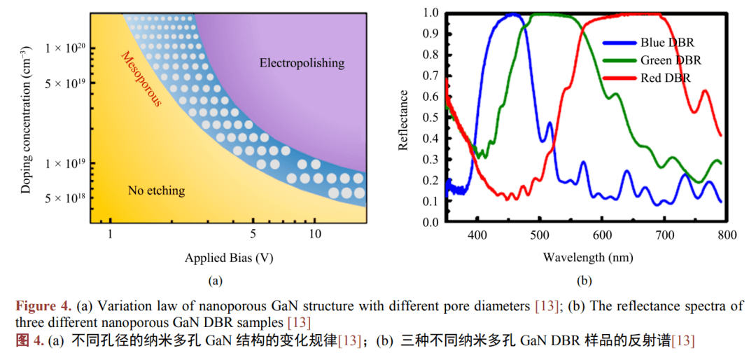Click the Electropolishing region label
pos(302,63)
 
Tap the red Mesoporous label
pos(141,79)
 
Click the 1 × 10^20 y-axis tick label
pos(65,48)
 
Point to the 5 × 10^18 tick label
pos(65,199)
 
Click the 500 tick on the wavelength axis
pos(539,235)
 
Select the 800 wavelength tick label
pos(726,235)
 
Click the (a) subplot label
pos(215,282)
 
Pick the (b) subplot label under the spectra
pos(584,282)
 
